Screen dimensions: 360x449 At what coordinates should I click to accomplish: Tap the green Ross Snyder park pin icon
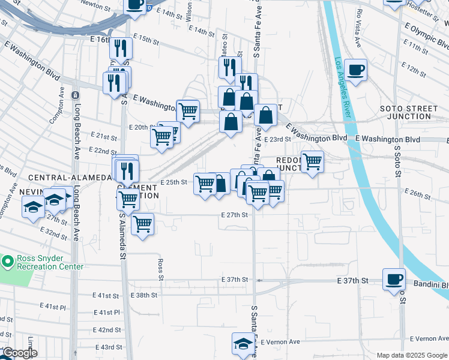[x=7, y=262]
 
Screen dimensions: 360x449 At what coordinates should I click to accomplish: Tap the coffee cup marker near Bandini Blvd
[x=394, y=279]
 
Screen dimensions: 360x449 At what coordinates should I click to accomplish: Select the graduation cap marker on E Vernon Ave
[x=243, y=343]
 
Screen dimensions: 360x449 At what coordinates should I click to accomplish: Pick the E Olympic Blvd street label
[x=426, y=37]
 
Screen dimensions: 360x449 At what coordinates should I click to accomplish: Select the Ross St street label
[x=161, y=269]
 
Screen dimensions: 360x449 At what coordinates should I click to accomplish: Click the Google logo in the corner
[x=19, y=353]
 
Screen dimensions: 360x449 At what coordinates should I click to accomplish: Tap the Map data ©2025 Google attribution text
[x=411, y=355]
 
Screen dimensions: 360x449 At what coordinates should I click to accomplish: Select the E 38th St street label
[x=143, y=295]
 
